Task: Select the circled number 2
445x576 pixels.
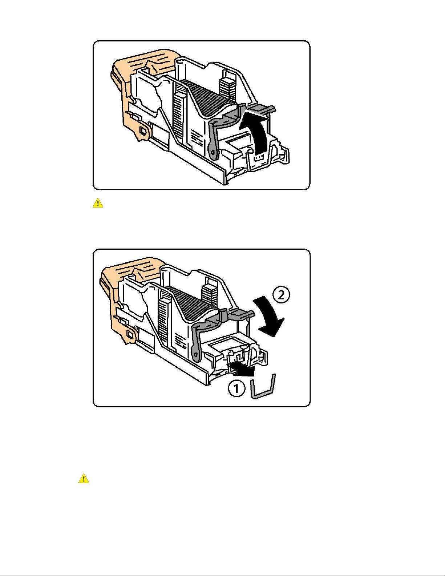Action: coord(281,295)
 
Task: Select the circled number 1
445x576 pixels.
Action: coord(236,389)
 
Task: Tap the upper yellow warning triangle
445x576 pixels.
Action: coord(98,203)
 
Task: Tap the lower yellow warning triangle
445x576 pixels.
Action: coord(84,479)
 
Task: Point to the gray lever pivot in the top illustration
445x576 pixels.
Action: coord(213,152)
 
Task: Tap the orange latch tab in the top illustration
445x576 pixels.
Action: coord(144,131)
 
